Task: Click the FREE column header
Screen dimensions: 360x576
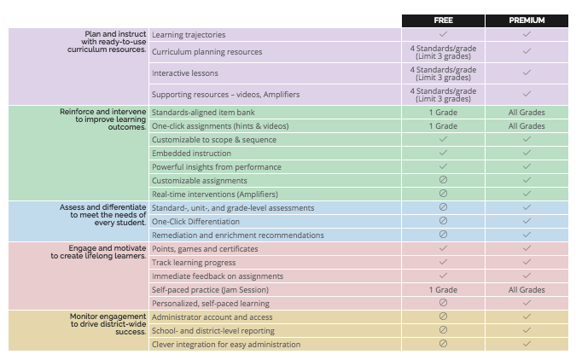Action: click(x=443, y=20)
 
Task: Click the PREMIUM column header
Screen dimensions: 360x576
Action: click(x=527, y=20)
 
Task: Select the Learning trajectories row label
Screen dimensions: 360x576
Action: click(x=189, y=35)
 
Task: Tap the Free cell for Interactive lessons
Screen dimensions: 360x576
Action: click(x=443, y=73)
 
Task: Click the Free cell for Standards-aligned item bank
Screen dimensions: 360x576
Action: click(x=443, y=113)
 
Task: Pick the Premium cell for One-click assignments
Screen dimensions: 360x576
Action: click(x=527, y=126)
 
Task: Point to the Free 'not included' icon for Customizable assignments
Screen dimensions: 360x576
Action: click(x=443, y=180)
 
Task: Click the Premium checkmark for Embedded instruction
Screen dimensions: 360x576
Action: click(x=527, y=154)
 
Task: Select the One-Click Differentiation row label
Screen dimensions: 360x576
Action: click(x=195, y=222)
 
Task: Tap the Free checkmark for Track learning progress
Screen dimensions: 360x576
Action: click(x=443, y=262)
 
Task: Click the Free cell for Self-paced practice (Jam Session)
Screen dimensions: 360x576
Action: click(x=443, y=290)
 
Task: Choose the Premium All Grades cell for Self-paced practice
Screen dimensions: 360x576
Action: click(x=527, y=290)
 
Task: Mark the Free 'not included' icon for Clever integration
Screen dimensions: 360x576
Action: click(x=443, y=344)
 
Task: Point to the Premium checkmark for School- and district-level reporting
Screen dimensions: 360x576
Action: click(x=527, y=330)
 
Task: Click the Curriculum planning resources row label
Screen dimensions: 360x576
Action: click(x=207, y=52)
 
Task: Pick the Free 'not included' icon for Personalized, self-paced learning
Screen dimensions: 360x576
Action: click(x=443, y=303)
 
